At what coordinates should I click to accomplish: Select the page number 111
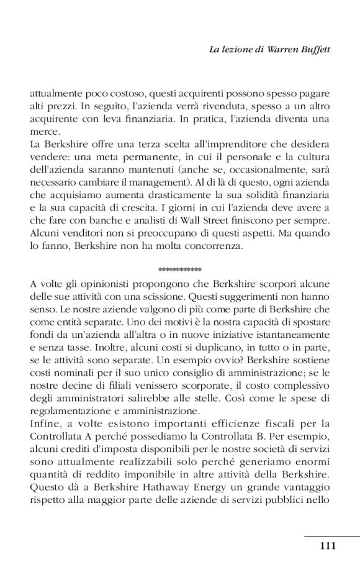[327, 546]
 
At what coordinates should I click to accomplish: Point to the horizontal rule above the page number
[332, 536]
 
